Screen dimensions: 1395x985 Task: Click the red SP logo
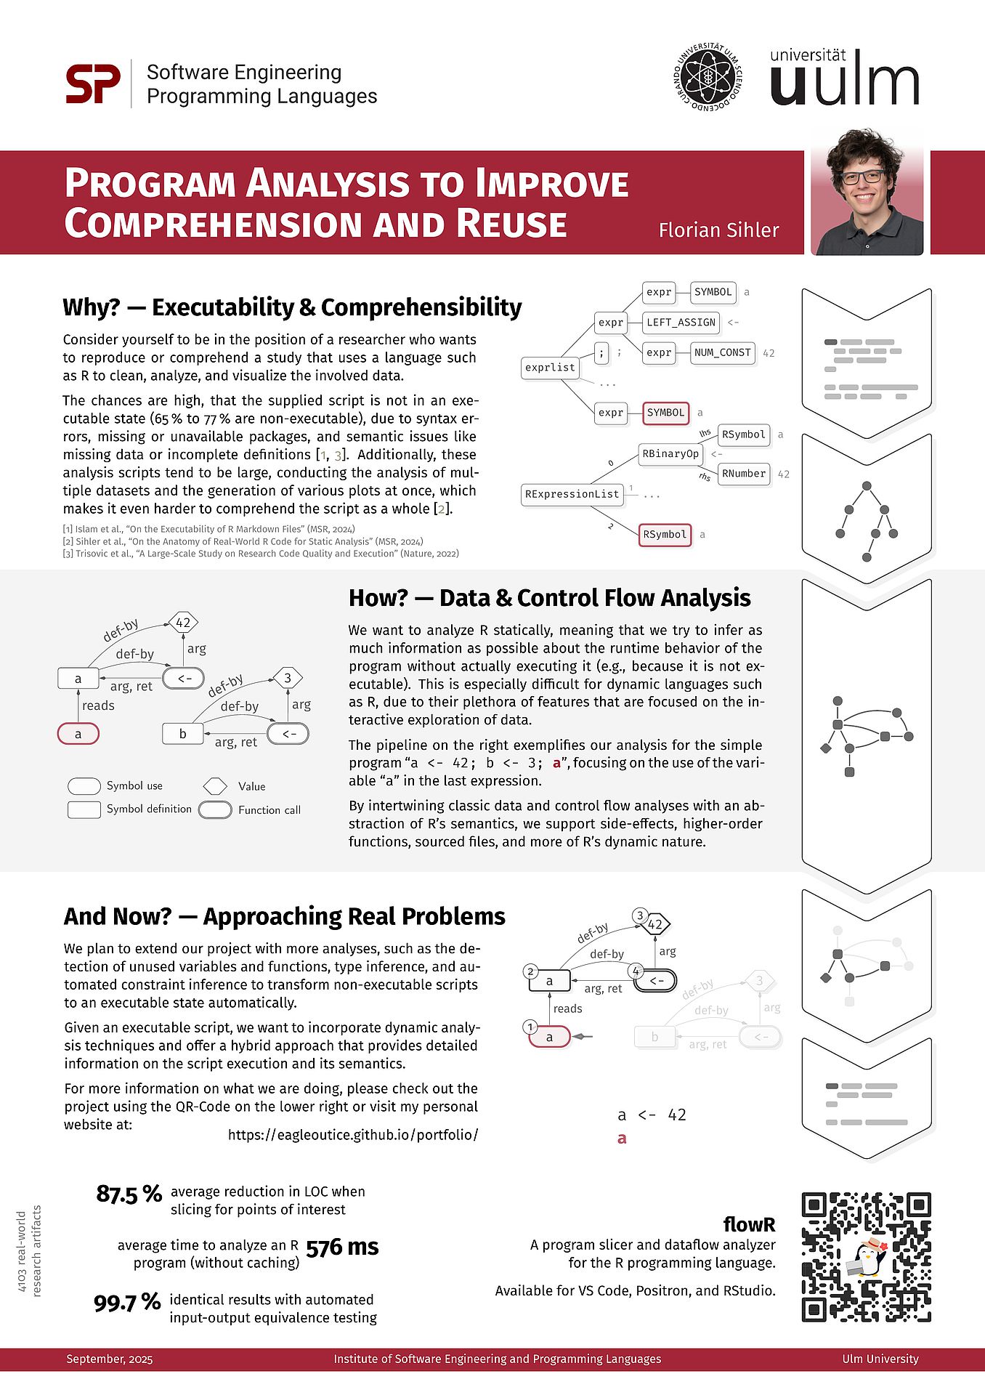[93, 84]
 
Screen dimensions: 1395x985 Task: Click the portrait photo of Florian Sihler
[867, 193]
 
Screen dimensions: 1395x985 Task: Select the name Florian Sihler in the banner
[718, 230]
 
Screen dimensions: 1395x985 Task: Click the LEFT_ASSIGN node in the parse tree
[681, 322]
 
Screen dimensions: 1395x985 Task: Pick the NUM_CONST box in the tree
[722, 352]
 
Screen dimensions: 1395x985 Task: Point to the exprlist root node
[550, 368]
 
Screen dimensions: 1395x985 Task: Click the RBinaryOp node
[670, 454]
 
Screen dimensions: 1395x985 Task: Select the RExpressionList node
[572, 494]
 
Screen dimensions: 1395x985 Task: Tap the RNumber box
[743, 474]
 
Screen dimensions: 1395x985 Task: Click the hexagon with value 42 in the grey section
[183, 623]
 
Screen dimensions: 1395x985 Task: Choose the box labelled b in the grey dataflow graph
[182, 734]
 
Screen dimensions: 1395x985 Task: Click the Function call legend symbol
[215, 810]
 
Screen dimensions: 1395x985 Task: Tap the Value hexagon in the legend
[215, 786]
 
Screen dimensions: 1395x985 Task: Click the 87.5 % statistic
[129, 1194]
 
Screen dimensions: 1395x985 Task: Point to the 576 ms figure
[342, 1248]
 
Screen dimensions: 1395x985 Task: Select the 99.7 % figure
[127, 1302]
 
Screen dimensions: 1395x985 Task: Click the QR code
[867, 1256]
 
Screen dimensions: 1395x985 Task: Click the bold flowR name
[749, 1224]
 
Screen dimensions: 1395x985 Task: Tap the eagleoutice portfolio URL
[353, 1135]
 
